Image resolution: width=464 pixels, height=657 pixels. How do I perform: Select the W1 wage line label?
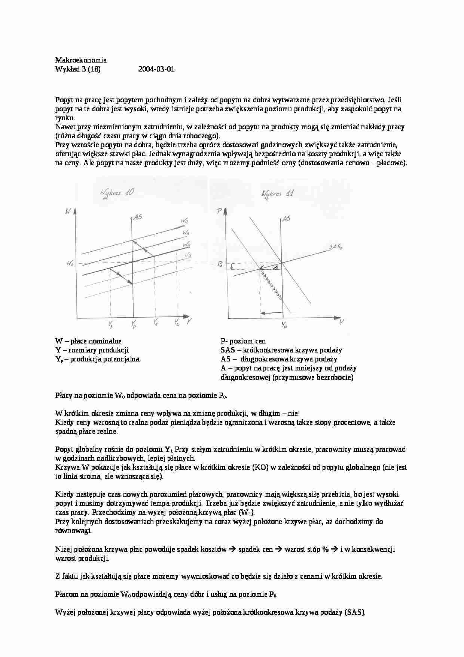[x=186, y=233]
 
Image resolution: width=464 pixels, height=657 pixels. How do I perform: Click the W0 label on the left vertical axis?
[x=70, y=264]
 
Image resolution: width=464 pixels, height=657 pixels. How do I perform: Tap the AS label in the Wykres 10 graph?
[x=138, y=217]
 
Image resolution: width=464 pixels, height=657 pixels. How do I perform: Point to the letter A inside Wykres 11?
[x=275, y=267]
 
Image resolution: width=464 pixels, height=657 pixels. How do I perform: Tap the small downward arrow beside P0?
[x=232, y=266]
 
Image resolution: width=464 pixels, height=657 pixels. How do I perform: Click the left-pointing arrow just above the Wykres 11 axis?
[x=271, y=312]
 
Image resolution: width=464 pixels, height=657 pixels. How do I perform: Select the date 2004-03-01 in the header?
[x=156, y=69]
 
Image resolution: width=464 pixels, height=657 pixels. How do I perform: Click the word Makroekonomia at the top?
[x=81, y=60]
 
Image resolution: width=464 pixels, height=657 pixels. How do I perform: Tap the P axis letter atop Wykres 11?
[x=219, y=212]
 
